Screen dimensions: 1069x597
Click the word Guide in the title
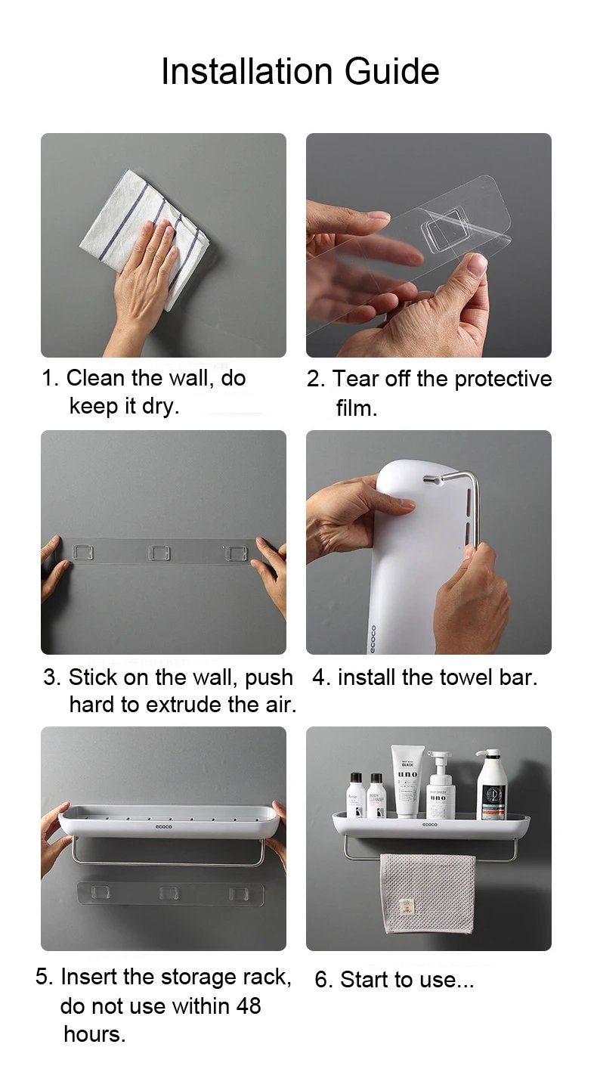pyautogui.click(x=391, y=72)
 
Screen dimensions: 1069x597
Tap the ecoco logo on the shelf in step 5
pyautogui.click(x=164, y=827)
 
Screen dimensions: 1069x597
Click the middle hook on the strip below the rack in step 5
pyautogui.click(x=170, y=893)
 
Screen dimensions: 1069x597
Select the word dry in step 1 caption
pyautogui.click(x=160, y=406)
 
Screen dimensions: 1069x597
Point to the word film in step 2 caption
pyautogui.click(x=356, y=408)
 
